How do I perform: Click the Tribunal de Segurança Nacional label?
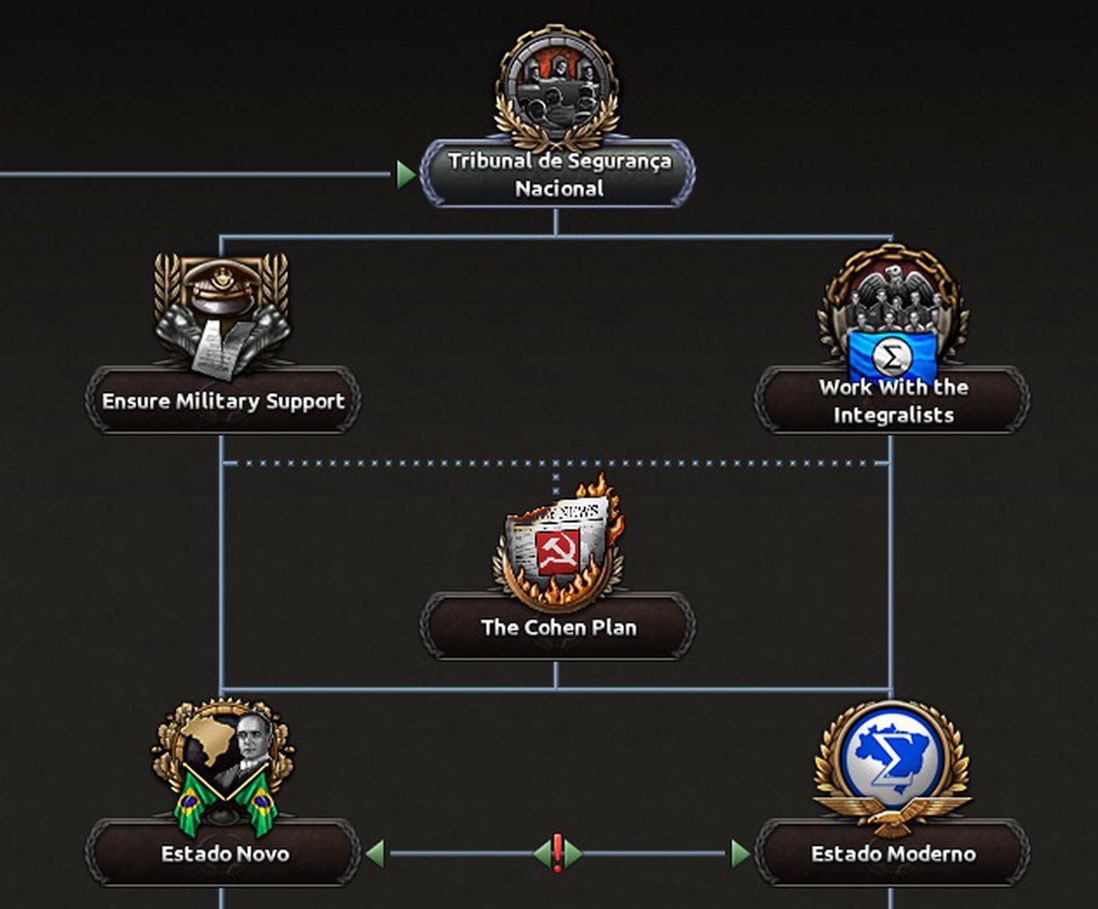pos(557,175)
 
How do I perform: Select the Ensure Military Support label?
pos(222,401)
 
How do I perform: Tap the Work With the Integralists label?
pos(892,401)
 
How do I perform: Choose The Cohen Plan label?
pos(557,627)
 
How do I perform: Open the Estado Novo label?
pos(224,853)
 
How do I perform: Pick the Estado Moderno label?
pos(892,853)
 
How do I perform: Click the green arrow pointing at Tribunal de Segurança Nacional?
pos(405,174)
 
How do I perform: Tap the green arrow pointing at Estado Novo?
pos(374,854)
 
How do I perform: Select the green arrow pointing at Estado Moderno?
pos(740,854)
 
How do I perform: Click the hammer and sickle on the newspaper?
pos(558,551)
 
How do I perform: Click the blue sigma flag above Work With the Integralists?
pos(891,356)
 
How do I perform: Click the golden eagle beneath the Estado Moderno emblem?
pos(892,812)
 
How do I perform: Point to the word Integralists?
pos(892,414)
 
